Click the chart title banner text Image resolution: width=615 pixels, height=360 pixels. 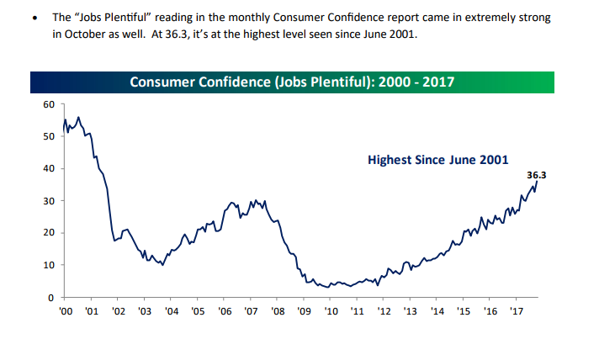pyautogui.click(x=292, y=82)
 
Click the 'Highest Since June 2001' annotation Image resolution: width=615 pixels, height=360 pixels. pyautogui.click(x=438, y=158)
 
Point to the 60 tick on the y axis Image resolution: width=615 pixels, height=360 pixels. pyautogui.click(x=48, y=104)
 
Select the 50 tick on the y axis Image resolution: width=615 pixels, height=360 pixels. pyautogui.click(x=48, y=136)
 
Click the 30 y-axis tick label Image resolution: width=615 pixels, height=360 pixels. pyautogui.click(x=48, y=201)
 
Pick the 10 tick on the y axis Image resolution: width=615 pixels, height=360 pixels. pyautogui.click(x=48, y=265)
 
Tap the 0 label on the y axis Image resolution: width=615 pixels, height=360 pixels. pyautogui.click(x=50, y=298)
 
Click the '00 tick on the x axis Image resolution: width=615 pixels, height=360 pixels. pyautogui.click(x=65, y=311)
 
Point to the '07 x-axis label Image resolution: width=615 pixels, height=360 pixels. pyautogui.click(x=250, y=311)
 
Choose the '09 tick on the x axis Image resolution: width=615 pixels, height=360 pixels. pyautogui.click(x=303, y=311)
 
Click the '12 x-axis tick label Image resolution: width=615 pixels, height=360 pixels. pyautogui.click(x=383, y=311)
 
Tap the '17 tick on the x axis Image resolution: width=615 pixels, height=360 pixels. pyautogui.click(x=516, y=311)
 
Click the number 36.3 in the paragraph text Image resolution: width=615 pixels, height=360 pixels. pyautogui.click(x=174, y=34)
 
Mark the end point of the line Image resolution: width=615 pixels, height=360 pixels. pyautogui.click(x=537, y=183)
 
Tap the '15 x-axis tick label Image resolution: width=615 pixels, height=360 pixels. pyautogui.click(x=463, y=311)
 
